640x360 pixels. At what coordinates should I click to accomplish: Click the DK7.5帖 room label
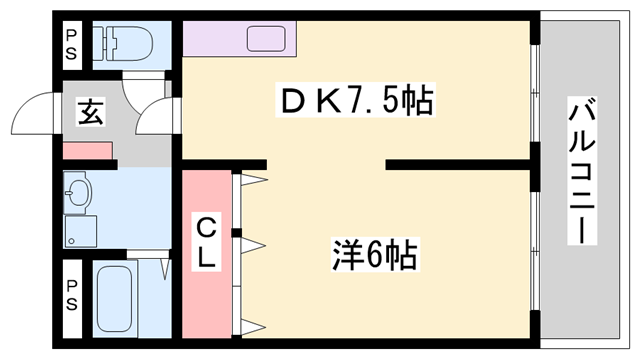click(358, 100)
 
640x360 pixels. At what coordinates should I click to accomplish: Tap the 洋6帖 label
click(374, 254)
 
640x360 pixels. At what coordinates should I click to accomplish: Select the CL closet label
click(206, 243)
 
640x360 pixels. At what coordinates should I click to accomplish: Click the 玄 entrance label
click(88, 112)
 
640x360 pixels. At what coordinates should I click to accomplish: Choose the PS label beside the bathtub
click(70, 296)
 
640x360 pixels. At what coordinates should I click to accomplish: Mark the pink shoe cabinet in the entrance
click(89, 151)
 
